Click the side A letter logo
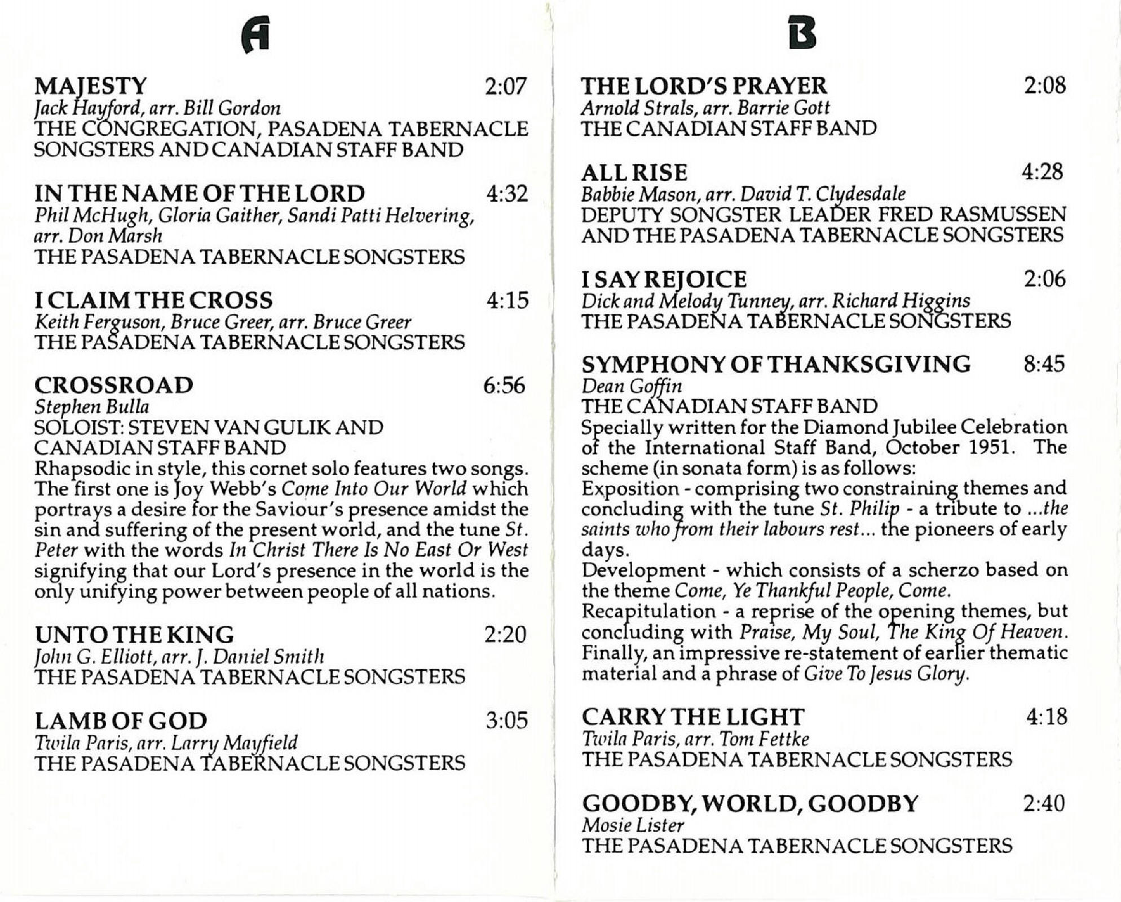[x=255, y=34]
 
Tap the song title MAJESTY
[x=91, y=86]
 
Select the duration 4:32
[x=507, y=194]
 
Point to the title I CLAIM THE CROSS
[x=153, y=300]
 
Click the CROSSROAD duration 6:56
[x=505, y=386]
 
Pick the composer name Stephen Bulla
[x=91, y=406]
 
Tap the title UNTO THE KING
[x=134, y=635]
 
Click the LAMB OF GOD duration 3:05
[x=507, y=720]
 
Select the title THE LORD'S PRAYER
[x=704, y=86]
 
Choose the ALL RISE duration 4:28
[x=1043, y=171]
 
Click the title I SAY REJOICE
[x=664, y=279]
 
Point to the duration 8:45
[x=1044, y=364]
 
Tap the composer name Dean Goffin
[x=632, y=386]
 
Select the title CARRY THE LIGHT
[x=693, y=717]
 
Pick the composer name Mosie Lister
[x=633, y=825]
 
